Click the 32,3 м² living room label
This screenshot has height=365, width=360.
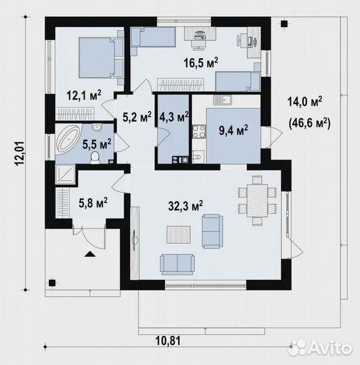tap(185, 205)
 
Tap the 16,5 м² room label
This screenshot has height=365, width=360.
tap(201, 63)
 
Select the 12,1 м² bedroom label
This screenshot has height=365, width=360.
tap(84, 95)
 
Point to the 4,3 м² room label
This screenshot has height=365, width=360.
tap(174, 117)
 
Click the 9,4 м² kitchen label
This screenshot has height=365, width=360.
tap(233, 130)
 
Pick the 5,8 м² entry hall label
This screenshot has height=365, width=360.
tap(93, 203)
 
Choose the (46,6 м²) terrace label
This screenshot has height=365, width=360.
tap(309, 124)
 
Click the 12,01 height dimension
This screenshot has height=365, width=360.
tap(20, 153)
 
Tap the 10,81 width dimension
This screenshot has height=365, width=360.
tap(168, 341)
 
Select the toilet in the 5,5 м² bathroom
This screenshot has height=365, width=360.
tap(95, 157)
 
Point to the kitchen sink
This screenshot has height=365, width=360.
tap(222, 100)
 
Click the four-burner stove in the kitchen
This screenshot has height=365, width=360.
tap(199, 132)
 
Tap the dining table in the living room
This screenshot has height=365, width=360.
tap(257, 201)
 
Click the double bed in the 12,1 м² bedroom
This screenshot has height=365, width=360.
tap(97, 58)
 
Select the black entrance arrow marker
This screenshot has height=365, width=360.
tap(90, 254)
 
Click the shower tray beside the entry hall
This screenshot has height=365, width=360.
tap(65, 174)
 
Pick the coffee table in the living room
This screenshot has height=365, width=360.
tap(179, 235)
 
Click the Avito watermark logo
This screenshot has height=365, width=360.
tap(319, 348)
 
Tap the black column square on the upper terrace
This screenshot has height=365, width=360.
tap(284, 24)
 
